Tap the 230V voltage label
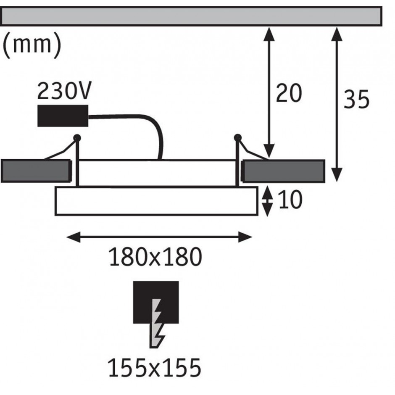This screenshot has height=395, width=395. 64,91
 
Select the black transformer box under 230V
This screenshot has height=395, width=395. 63,116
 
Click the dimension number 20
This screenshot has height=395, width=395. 289,93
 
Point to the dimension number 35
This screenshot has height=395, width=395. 356,99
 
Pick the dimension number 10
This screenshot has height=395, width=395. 290,200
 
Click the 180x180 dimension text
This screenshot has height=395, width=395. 155,257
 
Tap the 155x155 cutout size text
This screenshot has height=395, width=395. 155,368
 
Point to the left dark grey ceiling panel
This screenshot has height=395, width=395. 36,171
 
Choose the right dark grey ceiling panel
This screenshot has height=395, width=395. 283,171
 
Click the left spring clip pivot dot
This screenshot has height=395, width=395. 77,138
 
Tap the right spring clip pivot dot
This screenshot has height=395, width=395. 237,137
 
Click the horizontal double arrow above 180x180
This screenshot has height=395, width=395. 159,237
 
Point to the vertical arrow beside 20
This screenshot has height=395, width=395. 269,92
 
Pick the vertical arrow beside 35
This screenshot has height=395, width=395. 337,105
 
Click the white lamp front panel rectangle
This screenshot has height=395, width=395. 156,201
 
